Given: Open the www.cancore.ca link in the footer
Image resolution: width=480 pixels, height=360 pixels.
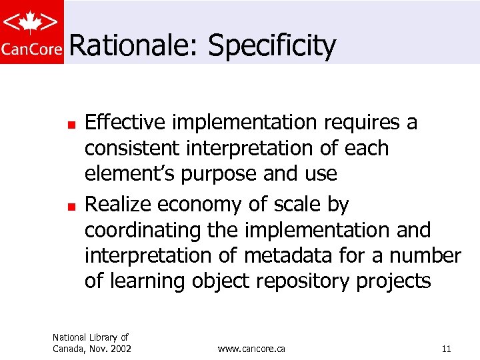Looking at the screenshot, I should pyautogui.click(x=252, y=349).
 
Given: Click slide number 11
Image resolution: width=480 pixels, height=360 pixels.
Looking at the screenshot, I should pyautogui.click(x=446, y=349).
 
